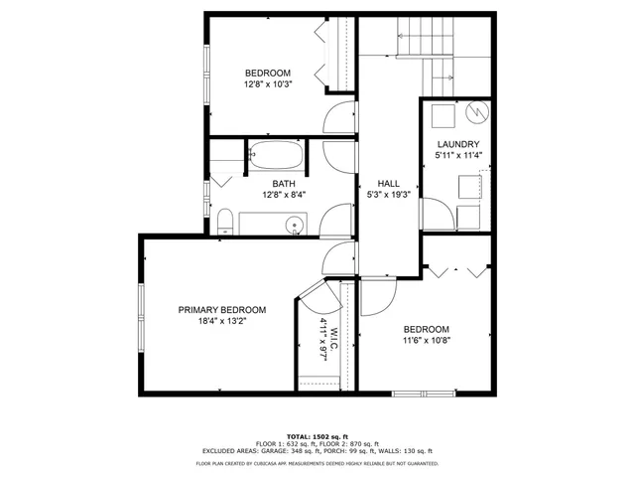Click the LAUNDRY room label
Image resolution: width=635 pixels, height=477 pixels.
click(458, 145)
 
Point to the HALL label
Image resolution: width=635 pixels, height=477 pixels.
click(388, 184)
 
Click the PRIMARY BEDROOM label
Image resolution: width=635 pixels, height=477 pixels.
click(222, 309)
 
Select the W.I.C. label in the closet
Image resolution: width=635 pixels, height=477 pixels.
click(335, 338)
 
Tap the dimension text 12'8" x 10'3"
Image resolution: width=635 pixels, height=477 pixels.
click(268, 85)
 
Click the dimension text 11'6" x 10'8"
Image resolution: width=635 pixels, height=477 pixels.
click(427, 342)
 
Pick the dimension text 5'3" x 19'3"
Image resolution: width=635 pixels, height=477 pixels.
click(388, 195)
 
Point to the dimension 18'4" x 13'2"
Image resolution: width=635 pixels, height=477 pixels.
click(222, 321)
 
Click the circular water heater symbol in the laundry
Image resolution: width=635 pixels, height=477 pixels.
click(476, 112)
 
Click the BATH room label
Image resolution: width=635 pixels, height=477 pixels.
click(284, 183)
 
